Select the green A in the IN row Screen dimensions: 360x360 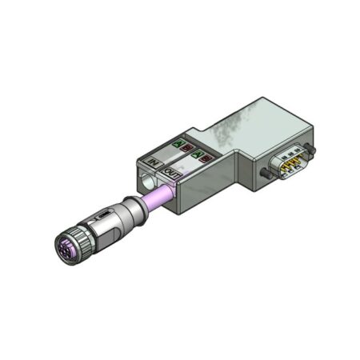point(178,144)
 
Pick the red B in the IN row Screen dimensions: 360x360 point(187,148)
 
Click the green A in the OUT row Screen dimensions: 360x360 point(198,154)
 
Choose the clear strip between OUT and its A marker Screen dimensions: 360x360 point(184,164)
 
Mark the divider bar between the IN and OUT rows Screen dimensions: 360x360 point(176,158)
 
